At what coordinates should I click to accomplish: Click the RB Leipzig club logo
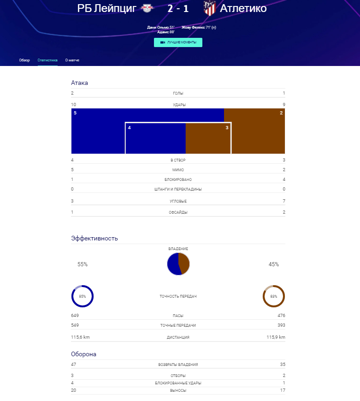click(148, 8)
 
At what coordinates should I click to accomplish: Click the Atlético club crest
click(210, 8)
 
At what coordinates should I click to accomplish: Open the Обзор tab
click(24, 60)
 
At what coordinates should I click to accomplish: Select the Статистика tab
click(47, 60)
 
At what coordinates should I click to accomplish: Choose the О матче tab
click(72, 60)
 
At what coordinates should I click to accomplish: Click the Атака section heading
click(79, 83)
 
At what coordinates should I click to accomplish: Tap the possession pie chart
click(178, 263)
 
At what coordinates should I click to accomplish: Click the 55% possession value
click(83, 264)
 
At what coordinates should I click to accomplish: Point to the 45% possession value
click(274, 264)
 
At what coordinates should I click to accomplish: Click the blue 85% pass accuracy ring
click(83, 296)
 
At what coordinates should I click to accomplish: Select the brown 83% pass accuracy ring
click(274, 296)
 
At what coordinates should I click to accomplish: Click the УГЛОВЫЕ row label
click(178, 202)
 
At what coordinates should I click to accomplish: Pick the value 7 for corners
click(284, 201)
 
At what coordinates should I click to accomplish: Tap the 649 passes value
click(75, 316)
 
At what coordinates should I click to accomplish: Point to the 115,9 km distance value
click(276, 337)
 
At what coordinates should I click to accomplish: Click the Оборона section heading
click(83, 354)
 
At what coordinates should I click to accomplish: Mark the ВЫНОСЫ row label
click(178, 391)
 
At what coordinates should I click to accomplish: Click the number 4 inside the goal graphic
click(130, 127)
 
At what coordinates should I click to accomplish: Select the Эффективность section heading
click(94, 238)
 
